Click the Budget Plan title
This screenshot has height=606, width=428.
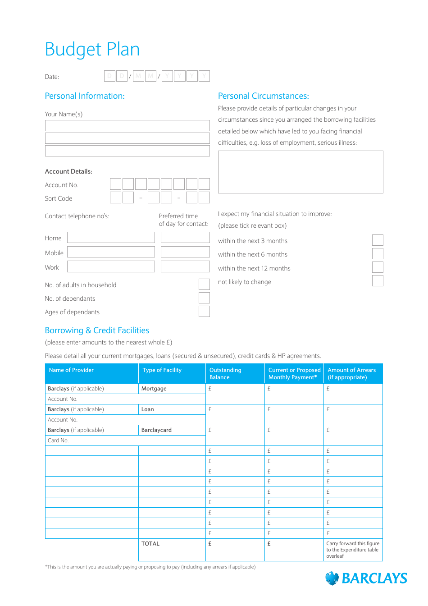click(x=92, y=50)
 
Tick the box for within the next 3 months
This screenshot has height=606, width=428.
click(x=378, y=240)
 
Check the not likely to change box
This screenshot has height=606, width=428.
click(x=378, y=281)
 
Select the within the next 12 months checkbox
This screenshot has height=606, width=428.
click(x=378, y=267)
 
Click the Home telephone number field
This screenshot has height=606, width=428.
click(x=111, y=238)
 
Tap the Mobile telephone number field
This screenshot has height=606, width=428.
click(x=111, y=252)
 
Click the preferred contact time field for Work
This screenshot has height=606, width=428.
click(x=185, y=266)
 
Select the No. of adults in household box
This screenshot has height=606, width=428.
click(x=204, y=284)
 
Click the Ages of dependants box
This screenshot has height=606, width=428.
click(x=204, y=312)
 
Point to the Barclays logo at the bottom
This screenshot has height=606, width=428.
click(x=366, y=578)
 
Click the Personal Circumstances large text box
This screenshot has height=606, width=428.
click(x=301, y=172)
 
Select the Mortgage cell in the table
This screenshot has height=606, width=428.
click(x=154, y=389)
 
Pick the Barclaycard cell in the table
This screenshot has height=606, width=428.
click(x=156, y=430)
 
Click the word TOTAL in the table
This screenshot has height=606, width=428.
click(x=150, y=544)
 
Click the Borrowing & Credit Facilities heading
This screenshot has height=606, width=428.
click(x=97, y=331)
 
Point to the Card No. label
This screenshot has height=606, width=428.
click(x=58, y=441)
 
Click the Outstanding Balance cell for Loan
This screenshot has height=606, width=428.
click(x=235, y=414)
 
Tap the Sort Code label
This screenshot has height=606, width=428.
click(x=59, y=198)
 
